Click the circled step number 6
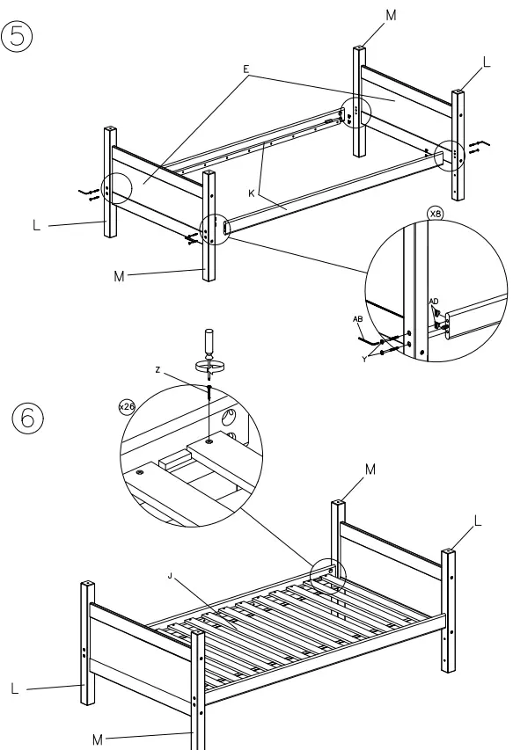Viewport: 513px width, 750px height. pyautogui.click(x=26, y=418)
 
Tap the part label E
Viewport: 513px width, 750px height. pyautogui.click(x=247, y=68)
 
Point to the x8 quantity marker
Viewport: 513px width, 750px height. pyautogui.click(x=435, y=214)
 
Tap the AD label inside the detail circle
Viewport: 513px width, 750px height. pyautogui.click(x=434, y=302)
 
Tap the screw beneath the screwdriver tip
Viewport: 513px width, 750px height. pyautogui.click(x=209, y=392)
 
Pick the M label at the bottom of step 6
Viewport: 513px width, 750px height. pyautogui.click(x=98, y=739)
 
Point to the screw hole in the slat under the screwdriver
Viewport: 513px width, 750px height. pyautogui.click(x=209, y=439)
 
